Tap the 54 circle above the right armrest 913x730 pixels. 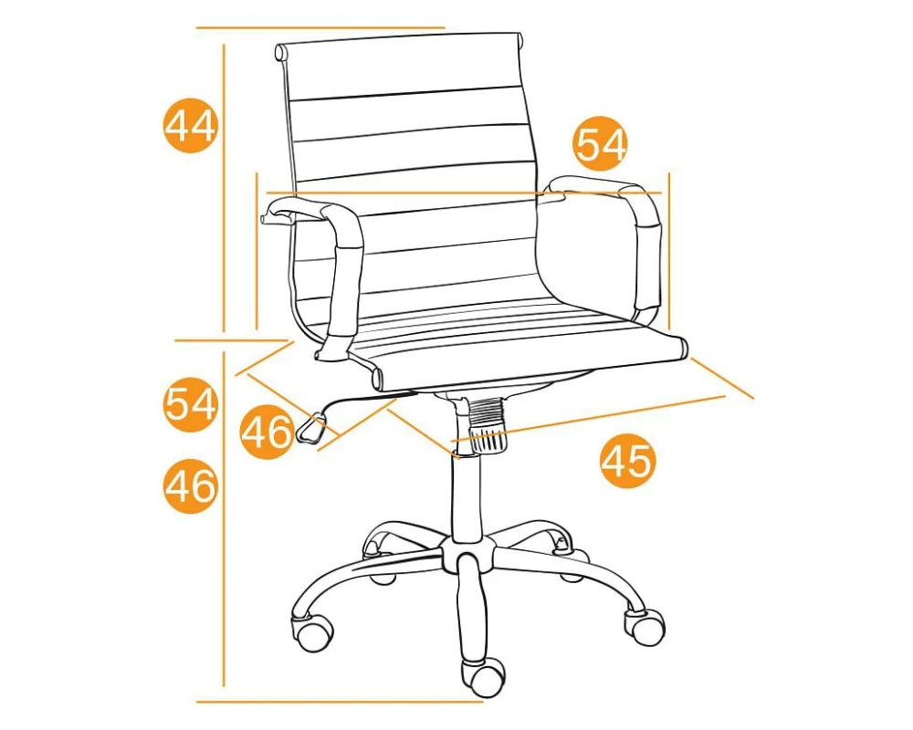click(601, 144)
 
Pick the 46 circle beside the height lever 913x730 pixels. click(266, 432)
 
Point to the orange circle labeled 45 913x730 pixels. click(628, 461)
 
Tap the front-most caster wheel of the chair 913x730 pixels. click(482, 678)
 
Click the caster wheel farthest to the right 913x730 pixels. click(645, 626)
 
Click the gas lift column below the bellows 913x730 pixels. click(467, 495)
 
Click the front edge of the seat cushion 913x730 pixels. click(530, 364)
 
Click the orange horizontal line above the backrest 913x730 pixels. click(320, 27)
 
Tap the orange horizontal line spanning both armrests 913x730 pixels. click(464, 193)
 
